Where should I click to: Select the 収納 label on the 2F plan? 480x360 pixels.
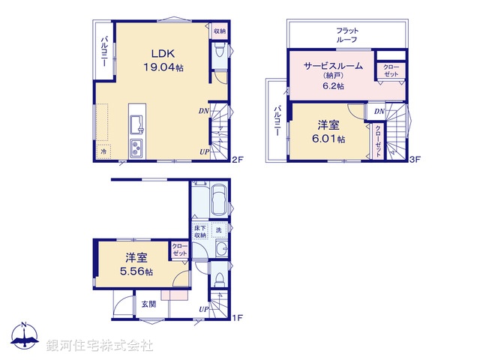[x=219, y=31]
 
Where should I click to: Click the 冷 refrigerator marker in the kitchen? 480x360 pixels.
[x=103, y=151]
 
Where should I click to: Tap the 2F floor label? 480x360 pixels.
[x=238, y=160]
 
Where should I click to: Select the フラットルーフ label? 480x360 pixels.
[x=346, y=34]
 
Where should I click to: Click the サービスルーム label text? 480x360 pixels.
[x=333, y=66]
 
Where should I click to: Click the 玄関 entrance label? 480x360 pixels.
[x=148, y=304]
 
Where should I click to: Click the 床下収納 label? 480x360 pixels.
[x=199, y=232]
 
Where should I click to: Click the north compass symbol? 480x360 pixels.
[x=24, y=337]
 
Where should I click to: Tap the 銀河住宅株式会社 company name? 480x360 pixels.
[x=100, y=346]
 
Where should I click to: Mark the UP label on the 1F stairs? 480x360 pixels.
[x=204, y=309]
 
